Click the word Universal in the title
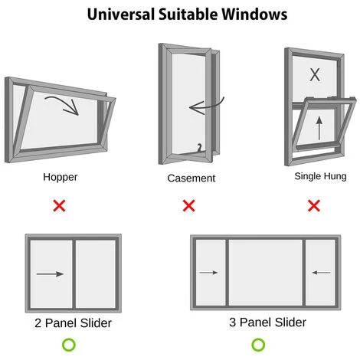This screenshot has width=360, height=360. [121, 14]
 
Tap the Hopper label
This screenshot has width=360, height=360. [61, 177]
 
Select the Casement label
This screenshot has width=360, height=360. [191, 178]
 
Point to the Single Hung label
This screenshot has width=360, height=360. [320, 176]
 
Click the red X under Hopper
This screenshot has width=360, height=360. [59, 205]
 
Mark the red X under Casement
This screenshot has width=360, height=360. [189, 205]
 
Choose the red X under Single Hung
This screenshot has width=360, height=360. [314, 205]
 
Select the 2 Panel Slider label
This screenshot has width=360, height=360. [74, 323]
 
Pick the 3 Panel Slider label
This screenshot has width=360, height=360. [267, 322]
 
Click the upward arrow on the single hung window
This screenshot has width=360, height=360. [319, 128]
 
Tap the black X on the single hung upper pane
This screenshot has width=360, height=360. [315, 75]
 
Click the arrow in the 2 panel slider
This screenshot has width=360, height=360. [50, 274]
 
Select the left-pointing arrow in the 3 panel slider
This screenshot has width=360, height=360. [322, 273]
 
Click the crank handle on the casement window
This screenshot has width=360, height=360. [199, 148]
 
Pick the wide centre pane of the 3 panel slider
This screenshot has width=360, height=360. [266, 272]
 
